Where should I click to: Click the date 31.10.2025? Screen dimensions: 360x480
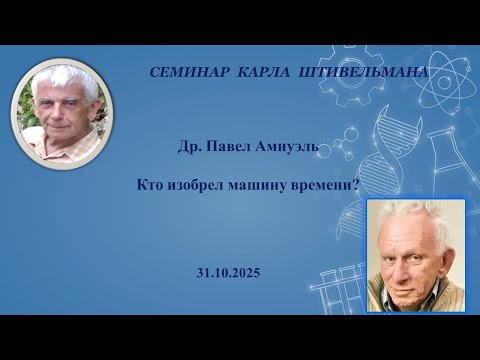[x=230, y=271]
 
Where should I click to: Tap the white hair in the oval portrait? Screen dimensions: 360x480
[x=62, y=80]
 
